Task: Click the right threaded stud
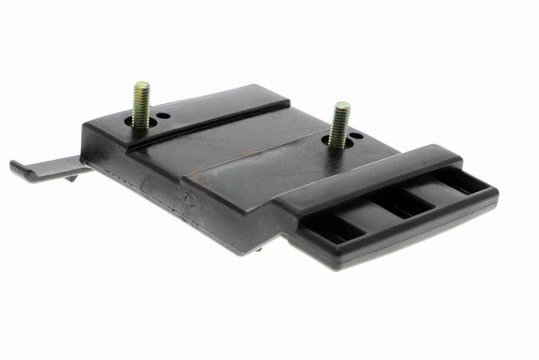tap(339, 125)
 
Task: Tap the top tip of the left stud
tap(141, 85)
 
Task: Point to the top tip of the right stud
tap(342, 104)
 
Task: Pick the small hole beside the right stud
tap(356, 136)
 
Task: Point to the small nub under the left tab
tap(71, 178)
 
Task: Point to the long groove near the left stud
tap(209, 124)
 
